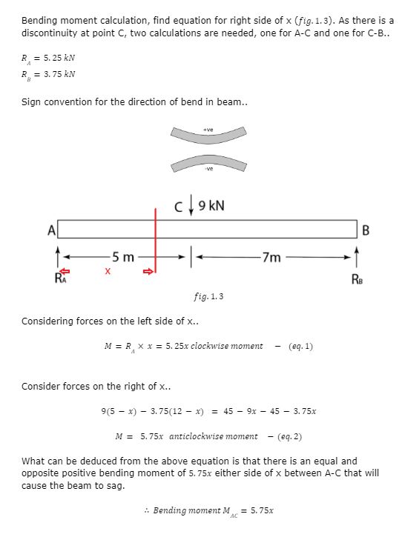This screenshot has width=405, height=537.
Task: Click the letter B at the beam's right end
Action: tap(366, 229)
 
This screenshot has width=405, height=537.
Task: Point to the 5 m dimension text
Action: tap(120, 258)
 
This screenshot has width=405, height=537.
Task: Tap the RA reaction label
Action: tap(60, 279)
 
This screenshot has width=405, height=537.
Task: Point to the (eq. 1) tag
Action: tap(300, 346)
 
